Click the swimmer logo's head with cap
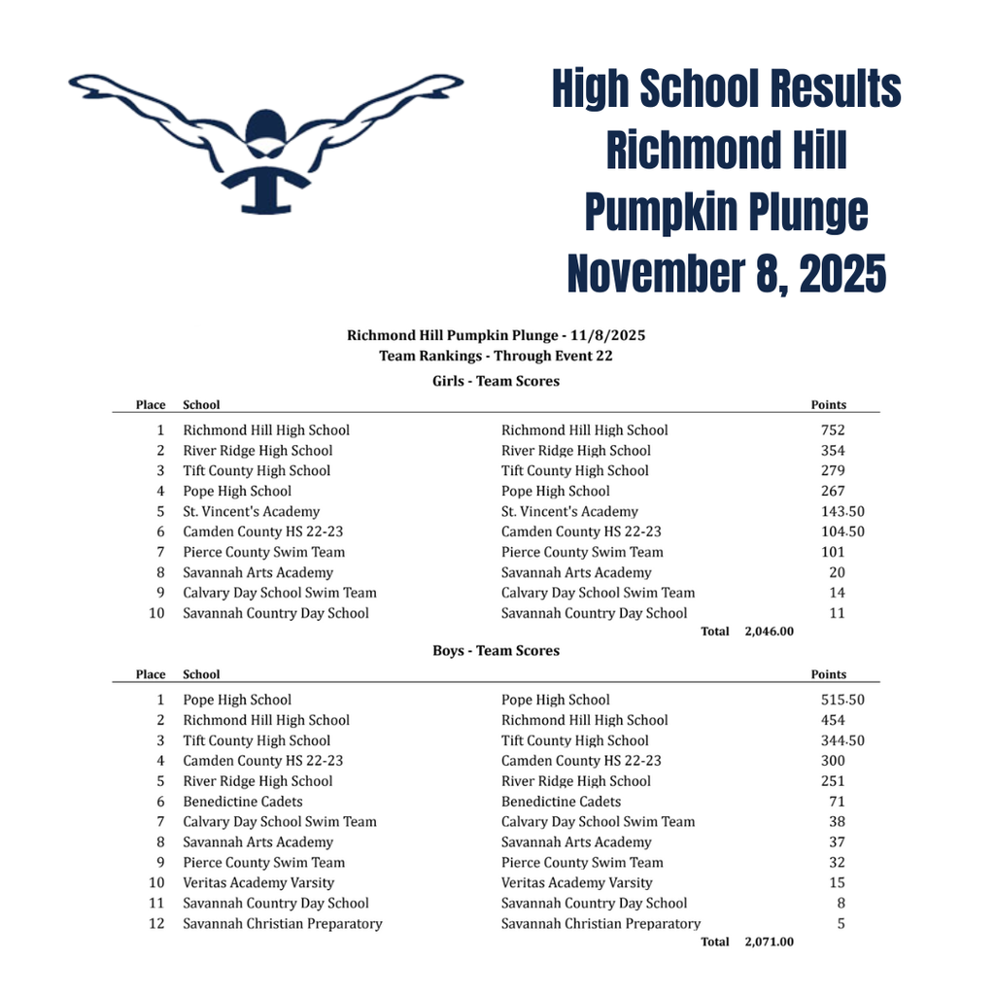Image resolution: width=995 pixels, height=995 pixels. coord(265,130)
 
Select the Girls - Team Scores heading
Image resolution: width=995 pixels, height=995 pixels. coord(496,381)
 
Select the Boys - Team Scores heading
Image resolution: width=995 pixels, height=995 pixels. coord(496,651)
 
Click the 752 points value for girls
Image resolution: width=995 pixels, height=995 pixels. coord(833,430)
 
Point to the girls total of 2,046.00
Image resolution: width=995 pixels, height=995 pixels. coord(769,632)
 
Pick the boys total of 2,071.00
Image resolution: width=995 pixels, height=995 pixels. coord(769,942)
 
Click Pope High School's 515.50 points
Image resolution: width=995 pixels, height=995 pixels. coord(842,700)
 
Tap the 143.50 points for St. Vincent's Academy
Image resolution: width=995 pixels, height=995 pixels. coord(842,512)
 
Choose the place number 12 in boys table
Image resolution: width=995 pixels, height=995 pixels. coord(156,924)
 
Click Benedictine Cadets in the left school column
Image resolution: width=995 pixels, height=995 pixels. coord(243,802)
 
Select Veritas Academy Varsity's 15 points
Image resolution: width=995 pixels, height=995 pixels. coord(837,883)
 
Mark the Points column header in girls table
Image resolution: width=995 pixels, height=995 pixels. coord(828,405)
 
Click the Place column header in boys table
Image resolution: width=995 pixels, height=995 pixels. coord(151,674)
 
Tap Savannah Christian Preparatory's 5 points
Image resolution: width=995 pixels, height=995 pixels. coord(841,924)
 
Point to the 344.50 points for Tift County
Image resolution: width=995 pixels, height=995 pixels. coord(842,740)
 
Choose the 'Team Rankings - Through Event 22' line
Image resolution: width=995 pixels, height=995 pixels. coord(496,356)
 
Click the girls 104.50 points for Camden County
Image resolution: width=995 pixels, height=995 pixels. coord(842,532)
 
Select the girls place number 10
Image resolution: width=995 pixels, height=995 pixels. coord(156,613)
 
